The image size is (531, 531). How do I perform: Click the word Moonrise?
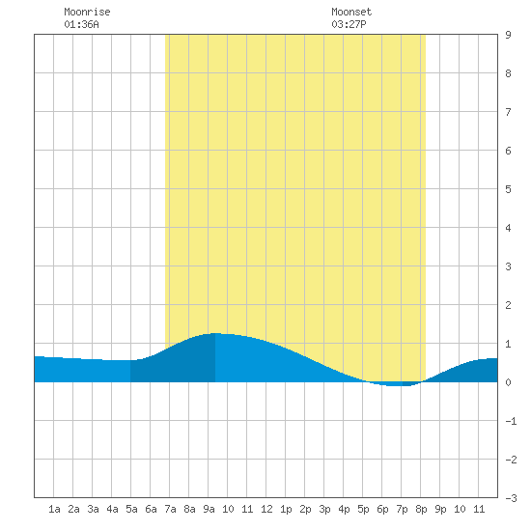[x=87, y=12]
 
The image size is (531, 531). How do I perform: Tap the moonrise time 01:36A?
[x=81, y=24]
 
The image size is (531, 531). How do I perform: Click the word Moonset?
[x=351, y=12]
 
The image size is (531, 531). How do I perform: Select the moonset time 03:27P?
[x=349, y=24]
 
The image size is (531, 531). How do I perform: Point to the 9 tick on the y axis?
[x=508, y=35]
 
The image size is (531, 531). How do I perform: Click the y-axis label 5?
[x=508, y=189]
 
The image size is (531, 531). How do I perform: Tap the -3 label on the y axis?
[x=511, y=498]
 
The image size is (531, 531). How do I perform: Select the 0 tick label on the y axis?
[x=508, y=382]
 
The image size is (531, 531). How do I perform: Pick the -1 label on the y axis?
[x=511, y=421]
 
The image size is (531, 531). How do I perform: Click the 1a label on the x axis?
[x=54, y=509]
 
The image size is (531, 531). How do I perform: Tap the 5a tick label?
[x=131, y=509]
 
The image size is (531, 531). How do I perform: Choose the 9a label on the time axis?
[x=209, y=509]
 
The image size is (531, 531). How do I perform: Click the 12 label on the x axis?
[x=266, y=509]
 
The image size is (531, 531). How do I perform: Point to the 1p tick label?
[x=286, y=509]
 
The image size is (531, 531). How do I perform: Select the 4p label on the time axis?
[x=344, y=509]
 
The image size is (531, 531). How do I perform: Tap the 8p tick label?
[x=421, y=509]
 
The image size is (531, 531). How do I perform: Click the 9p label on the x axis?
[x=440, y=509]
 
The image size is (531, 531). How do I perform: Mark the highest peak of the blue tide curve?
[x=215, y=333]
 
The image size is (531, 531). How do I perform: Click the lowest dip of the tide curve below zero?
[x=396, y=385]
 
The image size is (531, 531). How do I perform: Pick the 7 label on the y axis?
[x=508, y=112]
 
